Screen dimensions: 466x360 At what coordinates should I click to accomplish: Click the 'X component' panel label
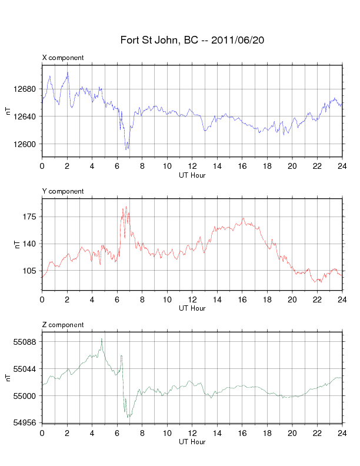click(63, 58)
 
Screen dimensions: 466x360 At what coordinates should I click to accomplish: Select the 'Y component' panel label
click(63, 191)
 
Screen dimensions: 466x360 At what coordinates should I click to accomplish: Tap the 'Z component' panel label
click(63, 325)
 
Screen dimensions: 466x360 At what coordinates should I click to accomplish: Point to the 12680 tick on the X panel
click(27, 89)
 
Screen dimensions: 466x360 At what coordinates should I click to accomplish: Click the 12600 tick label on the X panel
click(27, 144)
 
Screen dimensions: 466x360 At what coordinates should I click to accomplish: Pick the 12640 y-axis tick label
click(27, 116)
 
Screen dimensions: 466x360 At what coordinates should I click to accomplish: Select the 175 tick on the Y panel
click(31, 217)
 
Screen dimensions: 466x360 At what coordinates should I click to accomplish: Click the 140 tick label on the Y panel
click(31, 244)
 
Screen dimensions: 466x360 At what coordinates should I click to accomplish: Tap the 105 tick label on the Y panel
click(31, 271)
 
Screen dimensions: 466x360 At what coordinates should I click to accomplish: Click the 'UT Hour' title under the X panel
click(192, 175)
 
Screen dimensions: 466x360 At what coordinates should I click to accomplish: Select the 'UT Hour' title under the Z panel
click(192, 442)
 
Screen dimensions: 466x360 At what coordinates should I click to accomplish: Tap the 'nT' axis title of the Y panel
click(9, 244)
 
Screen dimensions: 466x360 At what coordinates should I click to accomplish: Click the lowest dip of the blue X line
click(126, 149)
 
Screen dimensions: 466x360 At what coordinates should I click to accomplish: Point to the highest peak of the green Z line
click(102, 339)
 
